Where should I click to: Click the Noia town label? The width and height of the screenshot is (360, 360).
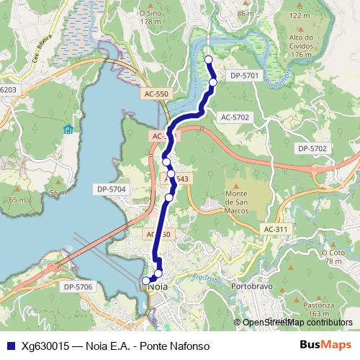point(156,286)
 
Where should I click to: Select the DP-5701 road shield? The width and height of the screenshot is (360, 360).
point(243,74)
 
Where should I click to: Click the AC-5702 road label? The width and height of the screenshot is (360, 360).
point(235,116)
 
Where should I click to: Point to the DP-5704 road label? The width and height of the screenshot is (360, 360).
point(111,189)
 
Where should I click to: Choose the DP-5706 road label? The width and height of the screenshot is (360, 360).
point(78,287)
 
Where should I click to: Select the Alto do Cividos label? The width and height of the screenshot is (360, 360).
point(302,45)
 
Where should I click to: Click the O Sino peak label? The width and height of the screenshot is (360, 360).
point(150,17)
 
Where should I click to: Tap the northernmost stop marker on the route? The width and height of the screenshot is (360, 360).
point(209,60)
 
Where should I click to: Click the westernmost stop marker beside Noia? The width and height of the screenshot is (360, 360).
point(146,281)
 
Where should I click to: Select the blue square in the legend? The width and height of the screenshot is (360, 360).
point(11,345)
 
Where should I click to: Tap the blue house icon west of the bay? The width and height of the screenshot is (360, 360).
point(68,129)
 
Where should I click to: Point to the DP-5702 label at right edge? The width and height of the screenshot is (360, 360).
point(312,148)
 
